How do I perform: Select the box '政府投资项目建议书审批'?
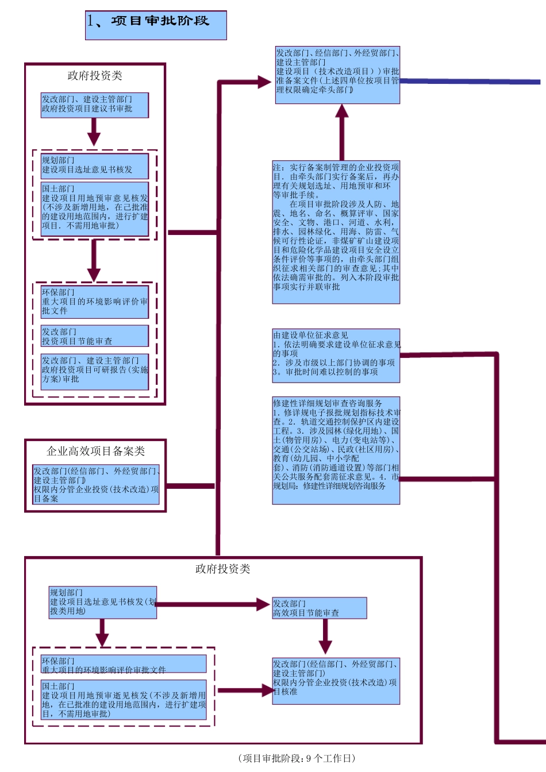(94, 105)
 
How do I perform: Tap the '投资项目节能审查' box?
(94, 336)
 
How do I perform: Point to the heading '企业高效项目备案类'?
(95, 451)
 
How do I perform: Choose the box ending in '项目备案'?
(95, 485)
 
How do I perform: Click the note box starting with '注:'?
(336, 232)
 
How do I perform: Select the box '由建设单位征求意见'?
(336, 356)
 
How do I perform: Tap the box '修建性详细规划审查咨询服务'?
(336, 450)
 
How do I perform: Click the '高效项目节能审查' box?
(319, 608)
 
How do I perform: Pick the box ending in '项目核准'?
(336, 681)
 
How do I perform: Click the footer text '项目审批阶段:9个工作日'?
(297, 758)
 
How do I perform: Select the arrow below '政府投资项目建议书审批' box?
(94, 132)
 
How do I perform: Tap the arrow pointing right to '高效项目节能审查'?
(213, 604)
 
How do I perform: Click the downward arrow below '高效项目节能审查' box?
(325, 636)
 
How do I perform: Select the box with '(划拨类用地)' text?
(102, 602)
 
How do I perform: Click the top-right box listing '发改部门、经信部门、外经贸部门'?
(337, 75)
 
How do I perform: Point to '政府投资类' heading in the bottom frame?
(222, 569)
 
